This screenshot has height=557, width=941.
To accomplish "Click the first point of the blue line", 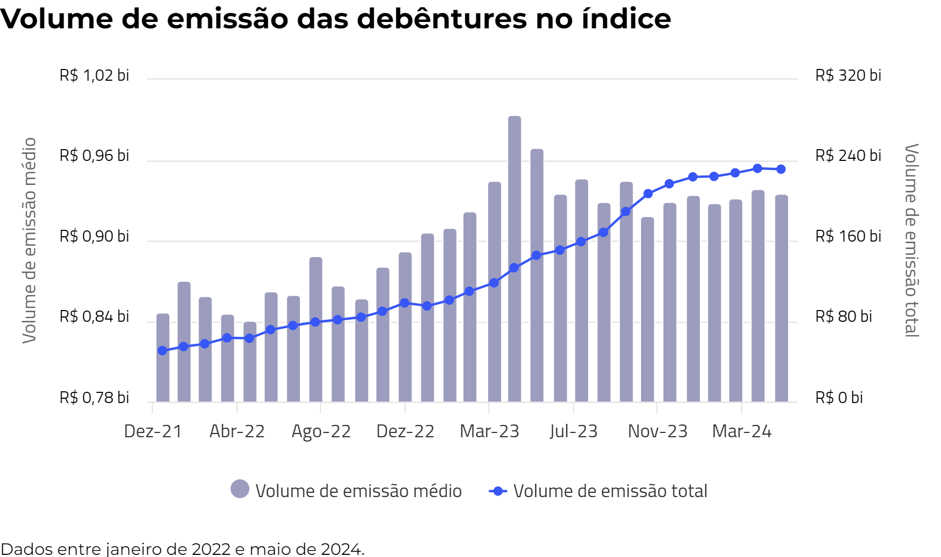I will coord(163,351).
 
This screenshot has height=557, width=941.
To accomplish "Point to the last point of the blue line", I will coord(781,169).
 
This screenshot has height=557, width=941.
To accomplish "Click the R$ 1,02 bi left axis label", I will coord(94,75).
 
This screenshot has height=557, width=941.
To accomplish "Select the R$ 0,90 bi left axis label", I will coord(94,236).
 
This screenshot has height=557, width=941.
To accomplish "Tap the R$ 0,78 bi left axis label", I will coord(94,398).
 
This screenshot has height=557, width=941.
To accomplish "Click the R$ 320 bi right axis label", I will coord(848,75).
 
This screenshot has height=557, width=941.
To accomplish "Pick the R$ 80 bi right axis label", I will coord(843,316).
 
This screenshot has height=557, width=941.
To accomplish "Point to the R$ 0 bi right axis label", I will coord(839,398).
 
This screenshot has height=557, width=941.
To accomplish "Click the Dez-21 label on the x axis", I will coord(153,431).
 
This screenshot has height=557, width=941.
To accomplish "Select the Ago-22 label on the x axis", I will coord(321,431).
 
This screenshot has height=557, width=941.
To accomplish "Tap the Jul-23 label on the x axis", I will coord(573,431).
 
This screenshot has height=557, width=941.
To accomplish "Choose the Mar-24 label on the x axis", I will coord(742,431).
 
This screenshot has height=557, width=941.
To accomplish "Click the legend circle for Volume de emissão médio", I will coord(240,489).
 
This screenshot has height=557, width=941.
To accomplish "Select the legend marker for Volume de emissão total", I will coord(498,491).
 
